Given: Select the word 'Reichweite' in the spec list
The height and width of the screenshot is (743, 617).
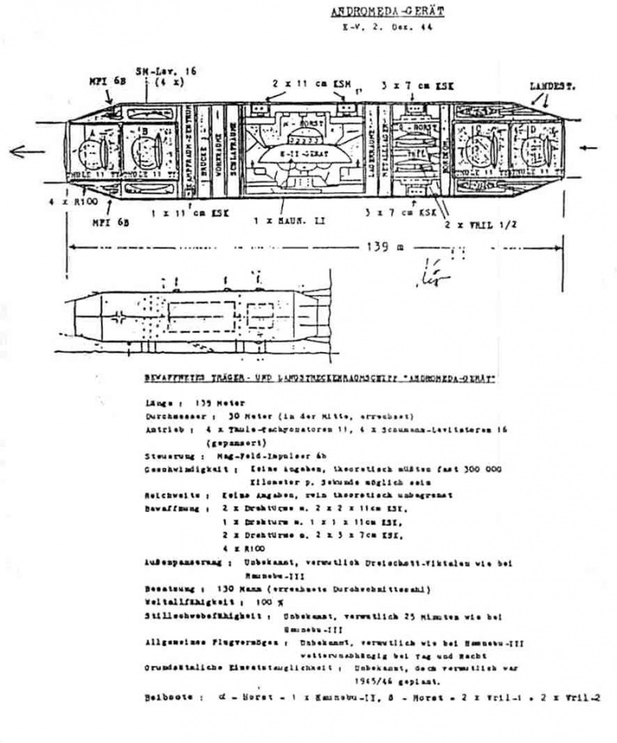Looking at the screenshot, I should [168, 495].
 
